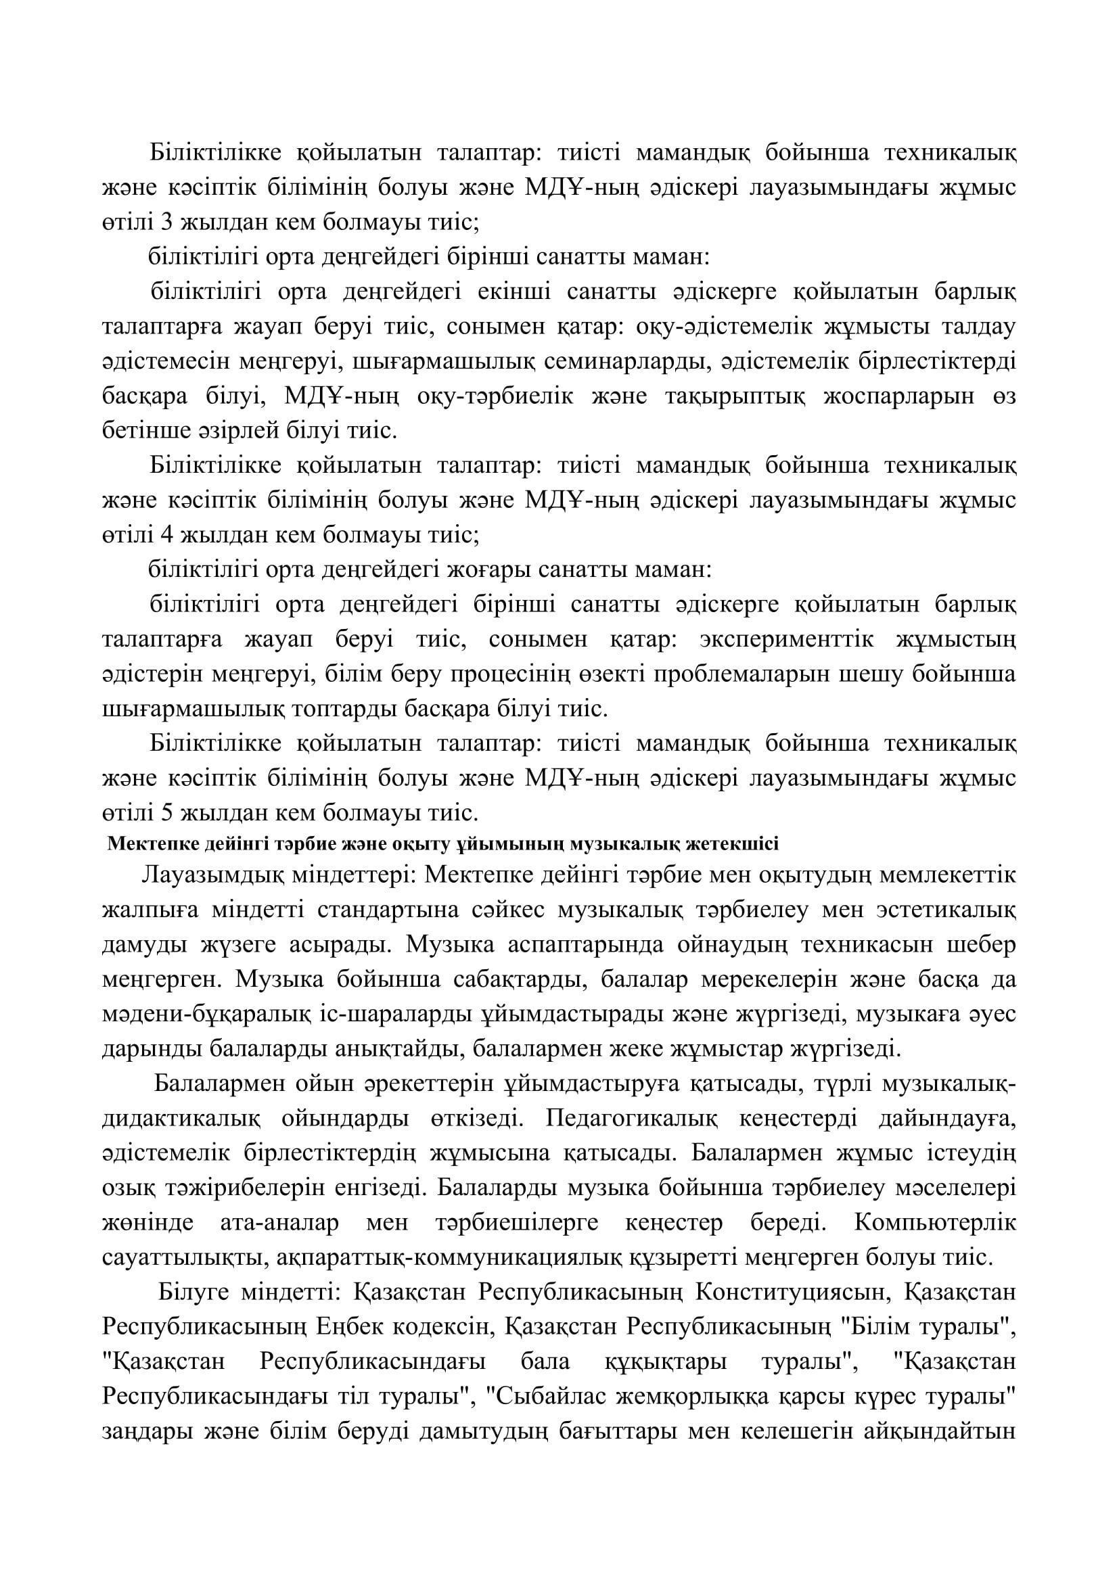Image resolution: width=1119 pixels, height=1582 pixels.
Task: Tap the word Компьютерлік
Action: click(x=935, y=1223)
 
